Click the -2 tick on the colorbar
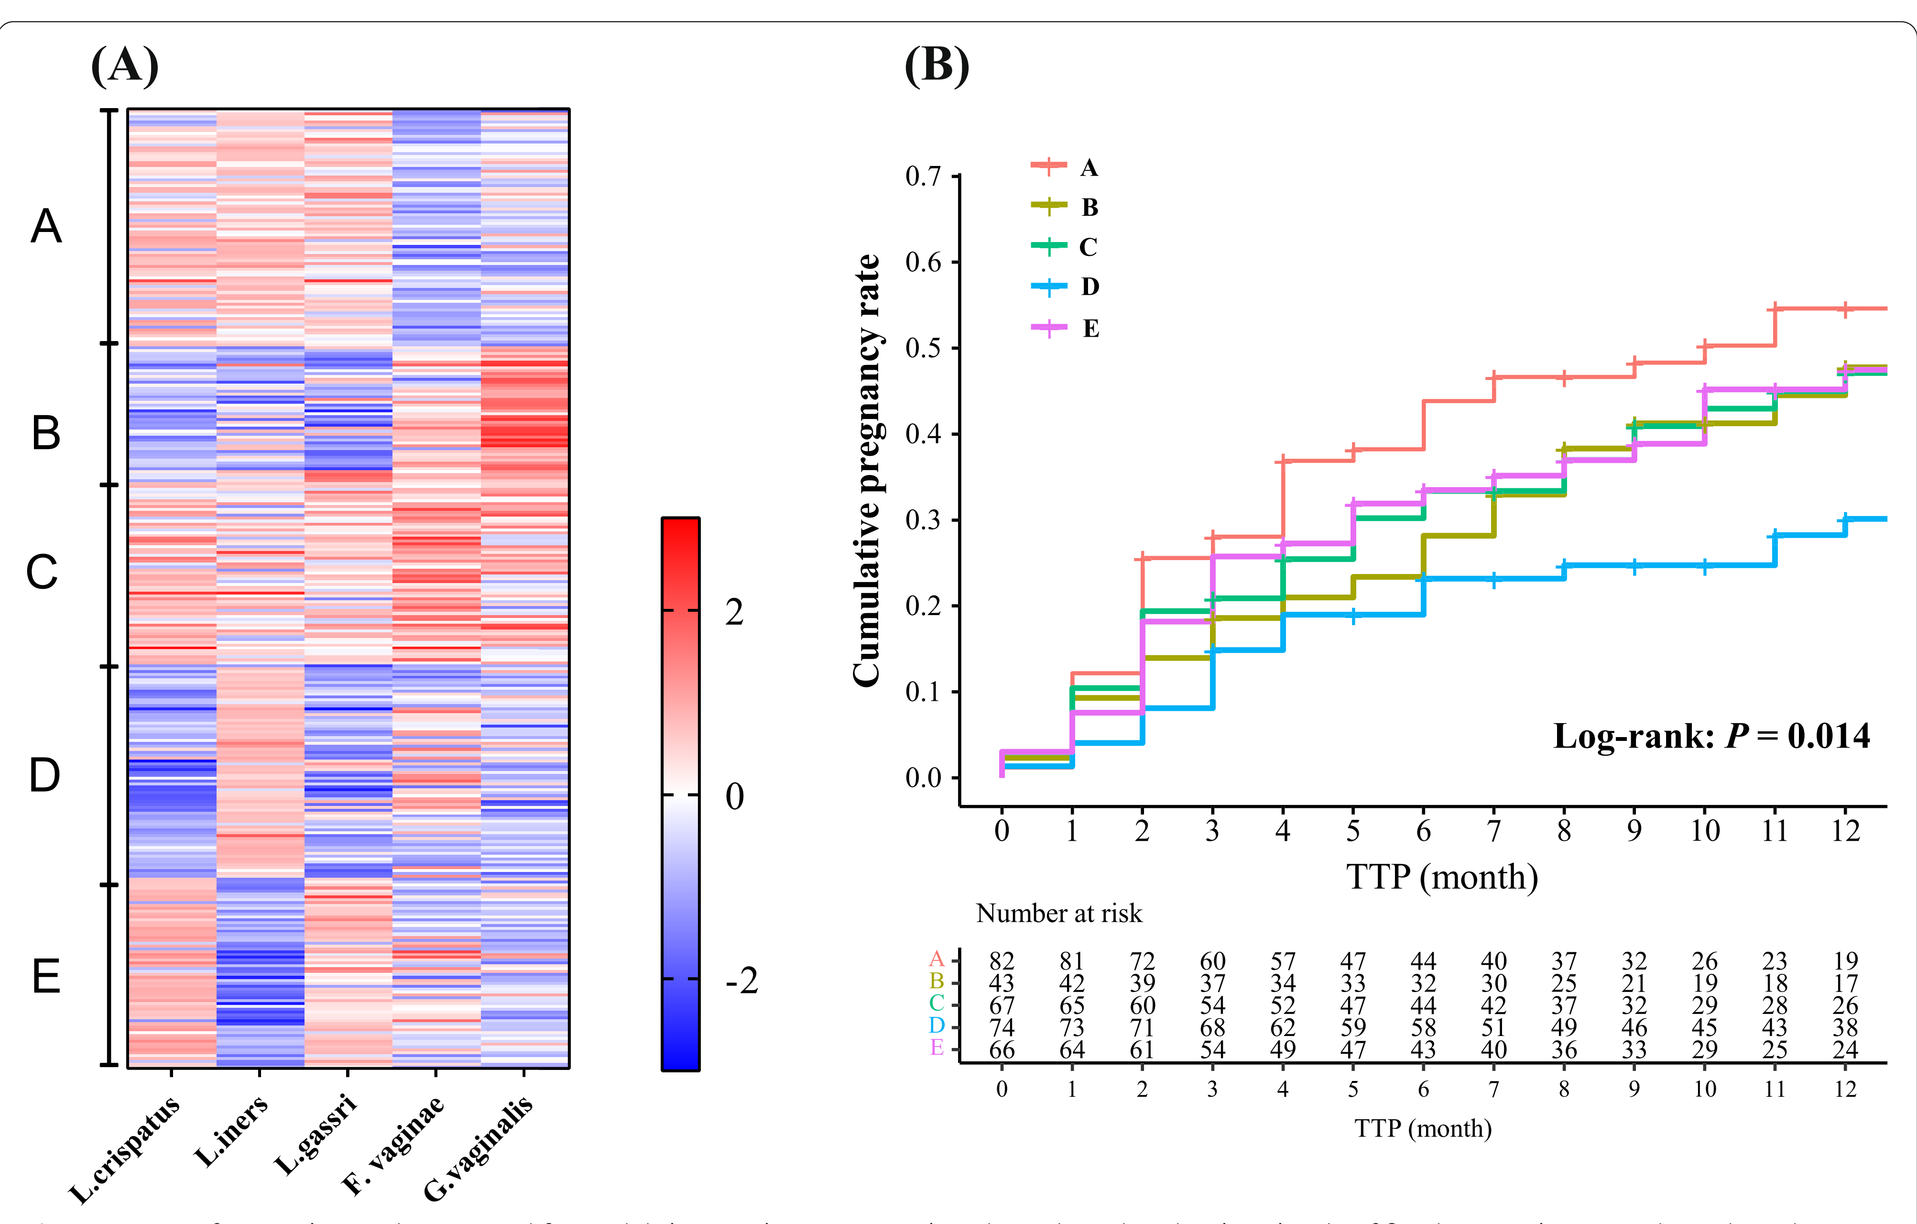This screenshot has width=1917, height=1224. click(741, 981)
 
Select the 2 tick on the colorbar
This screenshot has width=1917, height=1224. click(734, 612)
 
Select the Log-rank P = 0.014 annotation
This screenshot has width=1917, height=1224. click(1711, 736)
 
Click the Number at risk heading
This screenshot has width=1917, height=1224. click(1059, 914)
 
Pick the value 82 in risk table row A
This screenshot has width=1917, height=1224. click(1002, 961)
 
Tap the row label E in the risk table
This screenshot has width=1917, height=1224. click(937, 1048)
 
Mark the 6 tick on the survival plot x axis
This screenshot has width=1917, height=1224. click(1423, 831)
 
